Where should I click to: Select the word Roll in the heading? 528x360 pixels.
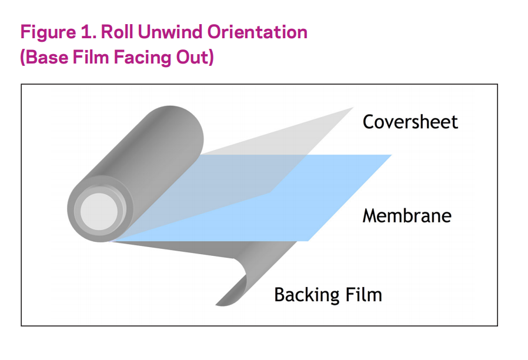pyautogui.click(x=117, y=32)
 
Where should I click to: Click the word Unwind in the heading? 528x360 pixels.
pyautogui.click(x=170, y=32)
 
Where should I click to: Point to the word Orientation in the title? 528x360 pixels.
pyautogui.click(x=257, y=32)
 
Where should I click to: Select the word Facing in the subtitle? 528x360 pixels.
pyautogui.click(x=142, y=58)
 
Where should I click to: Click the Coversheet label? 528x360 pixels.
pyautogui.click(x=410, y=122)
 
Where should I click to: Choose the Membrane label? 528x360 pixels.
pyautogui.click(x=407, y=215)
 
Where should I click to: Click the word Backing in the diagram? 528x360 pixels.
pyautogui.click(x=305, y=295)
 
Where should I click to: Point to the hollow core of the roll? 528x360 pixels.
pyautogui.click(x=99, y=212)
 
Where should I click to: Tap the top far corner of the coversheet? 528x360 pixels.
pyautogui.click(x=353, y=108)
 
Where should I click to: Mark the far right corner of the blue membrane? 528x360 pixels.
pyautogui.click(x=391, y=155)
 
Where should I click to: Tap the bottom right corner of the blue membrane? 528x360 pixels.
pyautogui.click(x=308, y=241)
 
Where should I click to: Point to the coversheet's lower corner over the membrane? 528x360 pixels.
pyautogui.click(x=270, y=193)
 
